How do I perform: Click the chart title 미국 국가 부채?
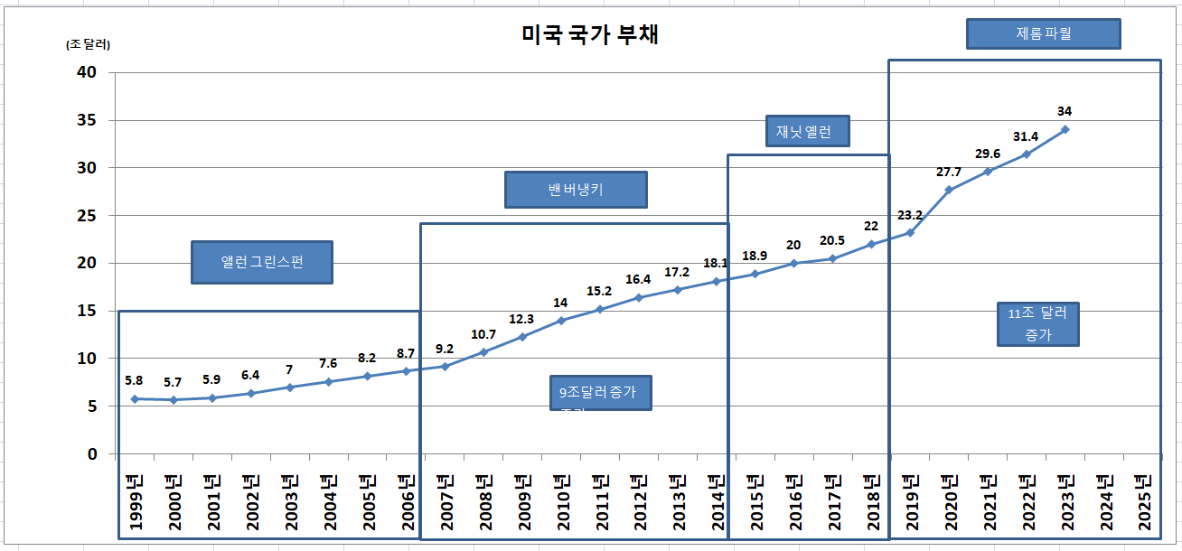coord(590,35)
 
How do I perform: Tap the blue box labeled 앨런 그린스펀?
coord(262,262)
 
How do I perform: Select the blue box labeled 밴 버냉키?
coord(576,190)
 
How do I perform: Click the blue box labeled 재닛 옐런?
coord(809,131)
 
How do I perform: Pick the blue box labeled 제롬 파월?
coord(1044,34)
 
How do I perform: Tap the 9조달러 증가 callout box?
coord(602,393)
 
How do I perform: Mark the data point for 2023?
coord(1065,129)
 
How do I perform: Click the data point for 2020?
coord(949,190)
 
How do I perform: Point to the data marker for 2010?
coord(561,321)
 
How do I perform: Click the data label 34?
coord(1065,111)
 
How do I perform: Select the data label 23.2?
coord(910,215)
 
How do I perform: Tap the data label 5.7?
coord(174,383)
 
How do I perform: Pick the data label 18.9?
coord(755,256)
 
